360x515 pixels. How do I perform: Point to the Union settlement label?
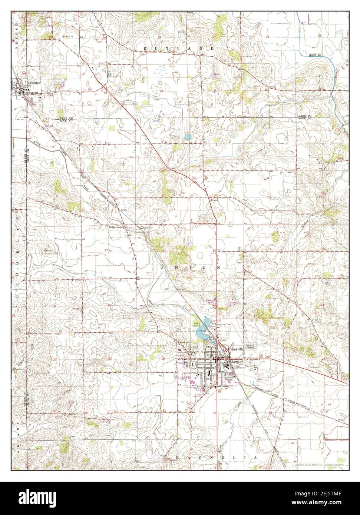[214, 200]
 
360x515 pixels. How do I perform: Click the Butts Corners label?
[116, 227]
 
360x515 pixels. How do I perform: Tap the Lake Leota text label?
[197, 325]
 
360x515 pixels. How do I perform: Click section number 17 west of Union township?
[106, 251]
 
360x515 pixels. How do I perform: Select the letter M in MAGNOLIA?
[178, 458]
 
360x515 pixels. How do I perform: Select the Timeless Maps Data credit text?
[319, 465]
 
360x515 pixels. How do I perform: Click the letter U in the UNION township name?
[162, 267]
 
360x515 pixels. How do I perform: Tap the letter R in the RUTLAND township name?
[145, 49]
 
